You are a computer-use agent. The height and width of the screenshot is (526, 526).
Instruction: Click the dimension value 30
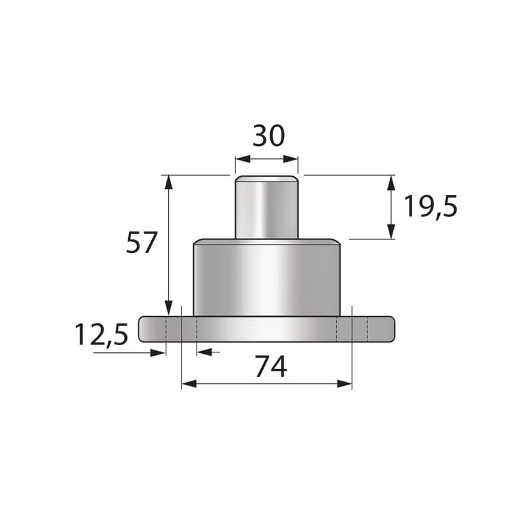(268, 136)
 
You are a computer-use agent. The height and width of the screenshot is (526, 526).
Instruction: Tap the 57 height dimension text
(141, 242)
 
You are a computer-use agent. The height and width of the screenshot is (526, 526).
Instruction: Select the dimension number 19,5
(431, 207)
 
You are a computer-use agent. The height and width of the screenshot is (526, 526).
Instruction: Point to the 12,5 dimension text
(101, 334)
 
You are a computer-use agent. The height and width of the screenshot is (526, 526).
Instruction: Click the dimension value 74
(271, 367)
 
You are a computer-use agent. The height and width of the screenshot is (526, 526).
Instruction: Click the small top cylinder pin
(267, 207)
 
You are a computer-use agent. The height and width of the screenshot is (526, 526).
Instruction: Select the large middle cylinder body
(267, 277)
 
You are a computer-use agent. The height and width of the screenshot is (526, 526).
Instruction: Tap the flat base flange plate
(267, 329)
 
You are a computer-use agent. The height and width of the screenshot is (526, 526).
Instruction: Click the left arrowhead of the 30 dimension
(243, 159)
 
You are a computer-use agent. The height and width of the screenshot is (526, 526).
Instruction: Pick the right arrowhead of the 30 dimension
(291, 159)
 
